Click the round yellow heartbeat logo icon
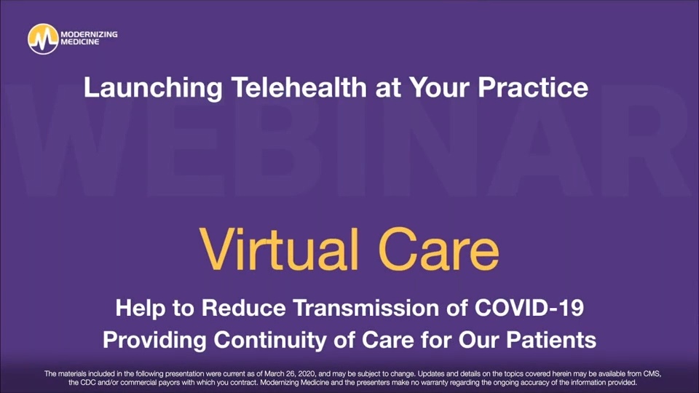[42, 39]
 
